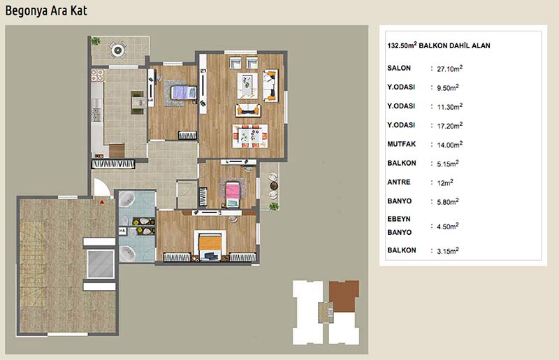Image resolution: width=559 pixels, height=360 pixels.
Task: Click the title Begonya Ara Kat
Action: click(x=46, y=10)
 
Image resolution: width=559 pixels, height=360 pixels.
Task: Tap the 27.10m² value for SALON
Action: click(x=449, y=69)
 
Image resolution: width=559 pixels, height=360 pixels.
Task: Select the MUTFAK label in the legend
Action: click(x=401, y=144)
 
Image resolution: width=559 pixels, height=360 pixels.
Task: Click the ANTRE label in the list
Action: click(x=399, y=182)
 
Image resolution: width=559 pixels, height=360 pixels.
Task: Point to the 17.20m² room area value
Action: click(x=449, y=126)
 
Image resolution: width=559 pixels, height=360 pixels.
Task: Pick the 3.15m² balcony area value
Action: click(x=448, y=251)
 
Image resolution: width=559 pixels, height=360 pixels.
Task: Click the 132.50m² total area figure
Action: click(x=402, y=45)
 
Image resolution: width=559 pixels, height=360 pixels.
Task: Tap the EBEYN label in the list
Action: click(x=399, y=219)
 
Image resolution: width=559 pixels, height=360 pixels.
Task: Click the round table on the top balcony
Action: click(x=117, y=50)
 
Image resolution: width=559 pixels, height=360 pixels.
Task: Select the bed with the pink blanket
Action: click(x=233, y=194)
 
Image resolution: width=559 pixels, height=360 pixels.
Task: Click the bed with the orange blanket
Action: click(x=210, y=245)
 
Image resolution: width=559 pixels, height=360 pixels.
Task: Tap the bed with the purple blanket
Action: click(x=183, y=93)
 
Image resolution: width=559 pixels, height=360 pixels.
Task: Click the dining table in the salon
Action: click(x=250, y=136)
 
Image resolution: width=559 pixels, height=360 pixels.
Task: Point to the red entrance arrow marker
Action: click(x=102, y=202)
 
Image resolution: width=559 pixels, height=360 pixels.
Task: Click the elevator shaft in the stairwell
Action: click(x=101, y=264)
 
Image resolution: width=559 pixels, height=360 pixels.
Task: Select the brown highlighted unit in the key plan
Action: click(x=343, y=296)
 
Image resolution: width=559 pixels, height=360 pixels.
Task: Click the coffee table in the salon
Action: click(x=247, y=85)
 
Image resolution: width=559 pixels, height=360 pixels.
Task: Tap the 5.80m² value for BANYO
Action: click(x=448, y=201)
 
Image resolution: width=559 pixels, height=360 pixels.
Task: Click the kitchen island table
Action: click(x=138, y=103)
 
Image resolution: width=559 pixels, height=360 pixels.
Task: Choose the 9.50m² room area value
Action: click(x=448, y=87)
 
